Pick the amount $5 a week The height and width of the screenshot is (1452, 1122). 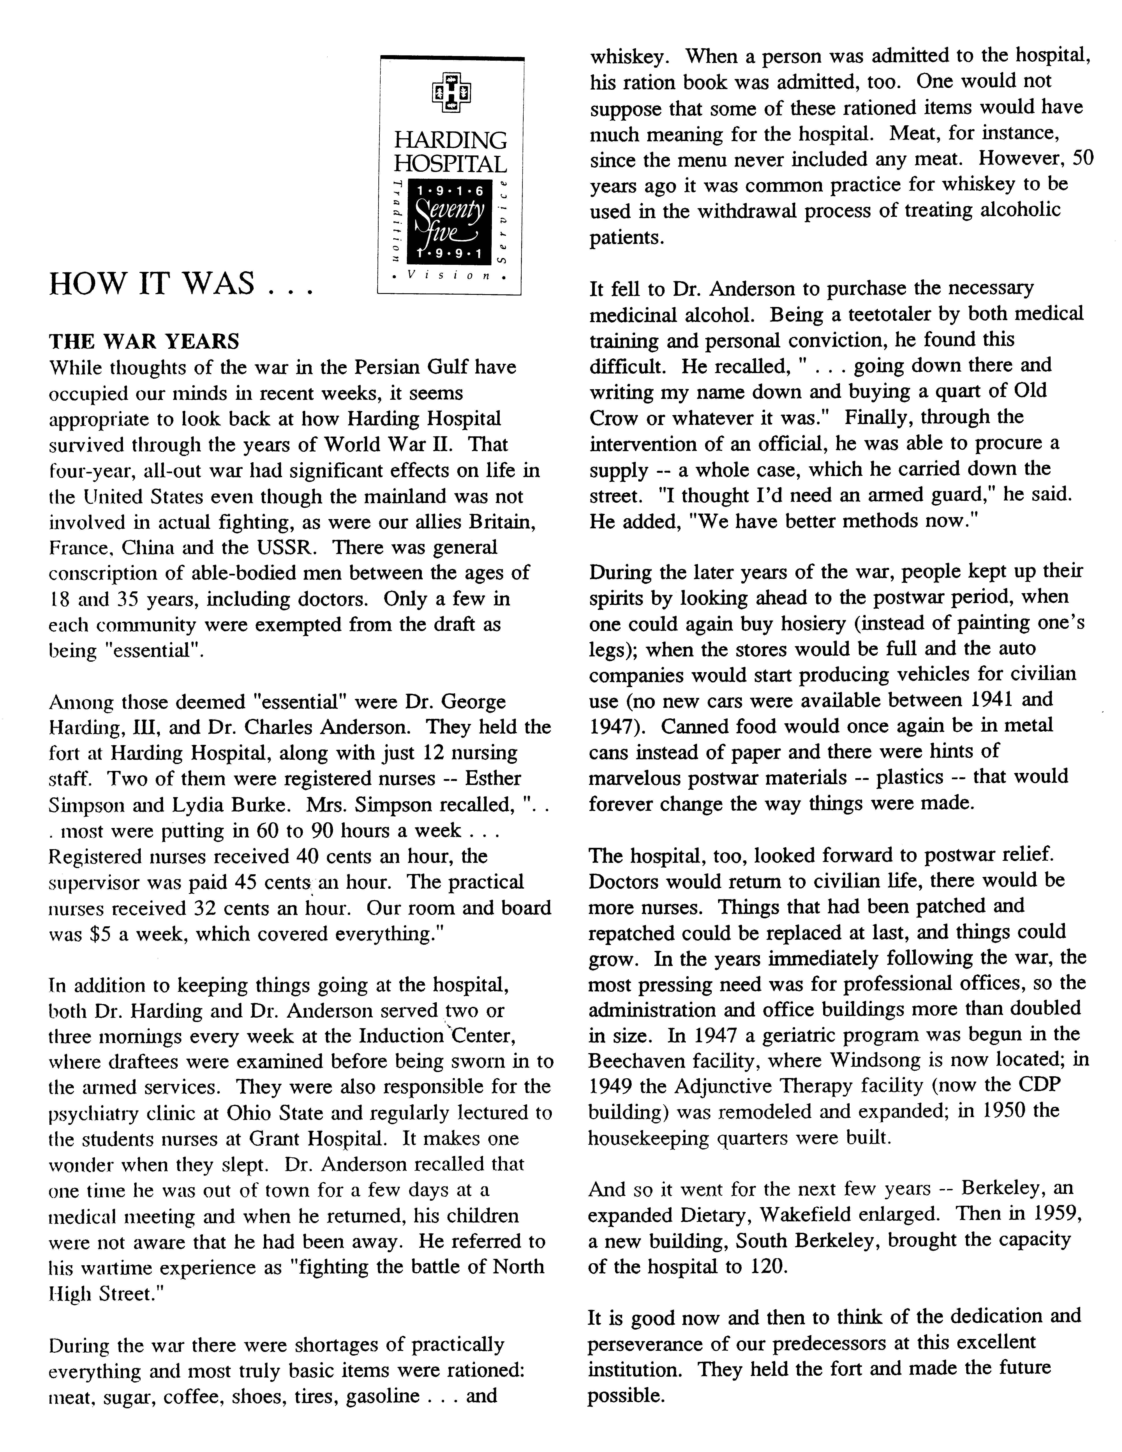pyautogui.click(x=122, y=934)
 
